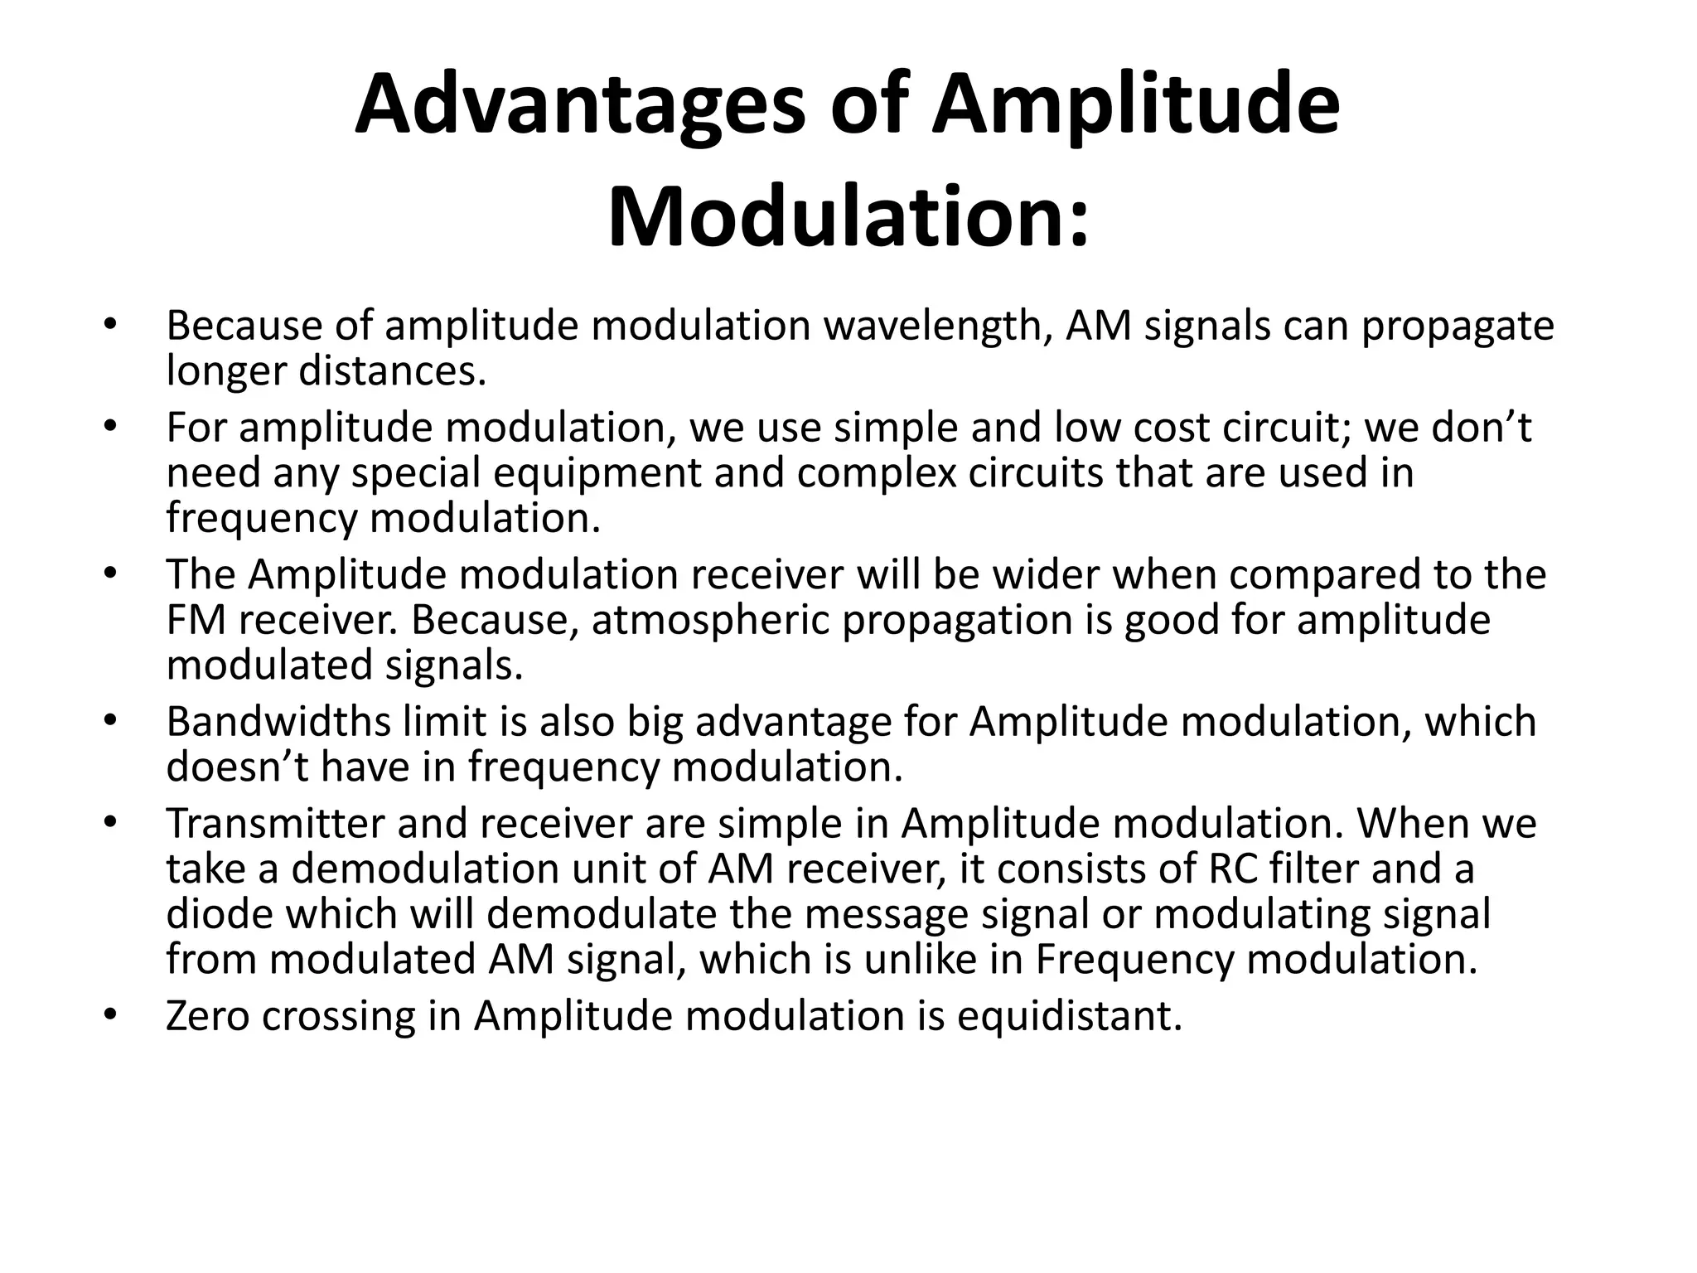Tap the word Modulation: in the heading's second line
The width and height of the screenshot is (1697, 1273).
[x=848, y=218]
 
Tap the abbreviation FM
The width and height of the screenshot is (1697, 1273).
[x=196, y=620]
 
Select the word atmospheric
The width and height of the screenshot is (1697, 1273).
[x=711, y=620]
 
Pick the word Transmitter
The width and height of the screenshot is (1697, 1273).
[x=274, y=824]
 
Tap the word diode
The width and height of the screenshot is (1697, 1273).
[x=219, y=914]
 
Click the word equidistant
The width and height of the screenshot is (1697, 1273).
[x=1069, y=1016]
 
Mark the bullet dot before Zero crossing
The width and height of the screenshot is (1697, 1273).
[x=109, y=1015]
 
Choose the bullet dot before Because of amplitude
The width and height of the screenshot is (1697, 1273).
[x=109, y=325]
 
